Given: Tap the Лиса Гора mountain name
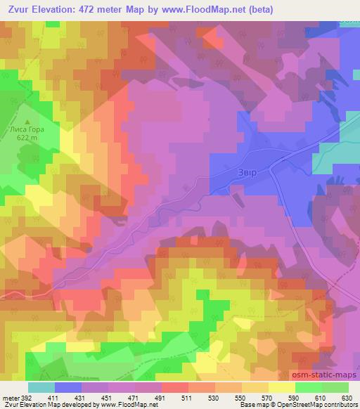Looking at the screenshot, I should (28, 129).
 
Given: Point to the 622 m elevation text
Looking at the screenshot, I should (28, 138).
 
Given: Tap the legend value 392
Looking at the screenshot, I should (26, 398).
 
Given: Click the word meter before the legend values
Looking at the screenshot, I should (10, 398).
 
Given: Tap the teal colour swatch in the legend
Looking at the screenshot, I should (41, 387).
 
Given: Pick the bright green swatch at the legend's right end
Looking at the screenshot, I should (336, 387).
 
